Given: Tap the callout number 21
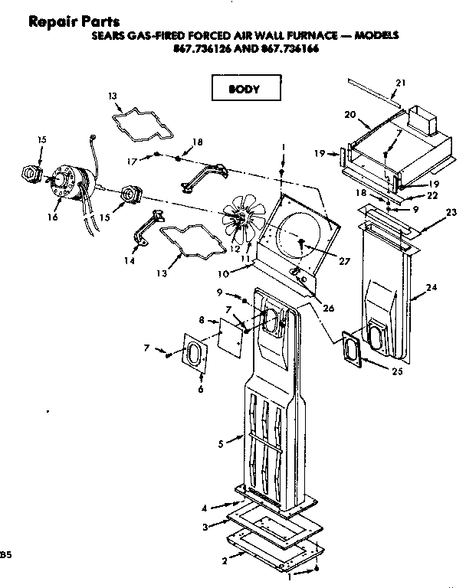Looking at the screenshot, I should [x=401, y=82].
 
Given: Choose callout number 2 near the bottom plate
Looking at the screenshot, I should [x=224, y=560].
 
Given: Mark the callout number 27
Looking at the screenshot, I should [x=344, y=261].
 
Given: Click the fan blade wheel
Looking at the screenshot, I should [x=243, y=217].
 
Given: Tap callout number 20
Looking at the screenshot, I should [x=351, y=114].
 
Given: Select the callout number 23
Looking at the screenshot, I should [x=451, y=211].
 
